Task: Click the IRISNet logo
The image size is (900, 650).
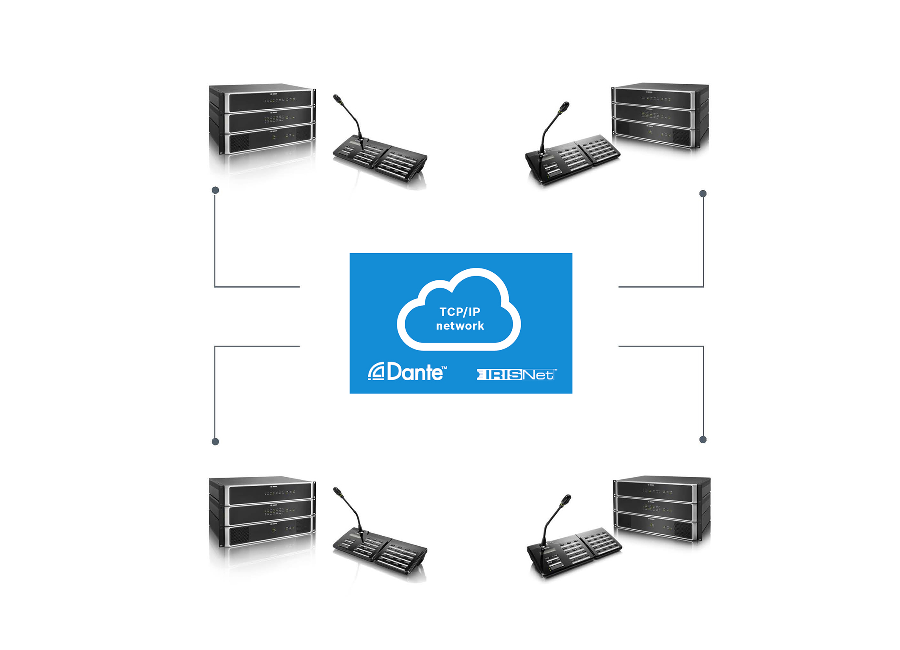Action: click(x=516, y=375)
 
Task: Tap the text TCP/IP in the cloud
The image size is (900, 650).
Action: click(x=460, y=312)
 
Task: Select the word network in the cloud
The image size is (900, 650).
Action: click(x=460, y=326)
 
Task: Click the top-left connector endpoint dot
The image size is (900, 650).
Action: click(x=215, y=191)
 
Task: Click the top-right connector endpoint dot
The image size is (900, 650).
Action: click(x=703, y=194)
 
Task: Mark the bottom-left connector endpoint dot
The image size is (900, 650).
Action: click(x=215, y=442)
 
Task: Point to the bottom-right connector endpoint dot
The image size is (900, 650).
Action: click(x=703, y=440)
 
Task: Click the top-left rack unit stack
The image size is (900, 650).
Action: click(x=262, y=119)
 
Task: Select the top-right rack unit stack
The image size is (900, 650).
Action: click(x=660, y=115)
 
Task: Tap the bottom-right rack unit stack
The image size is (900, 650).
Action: click(x=662, y=508)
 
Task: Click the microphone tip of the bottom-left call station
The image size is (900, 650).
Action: click(x=337, y=492)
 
